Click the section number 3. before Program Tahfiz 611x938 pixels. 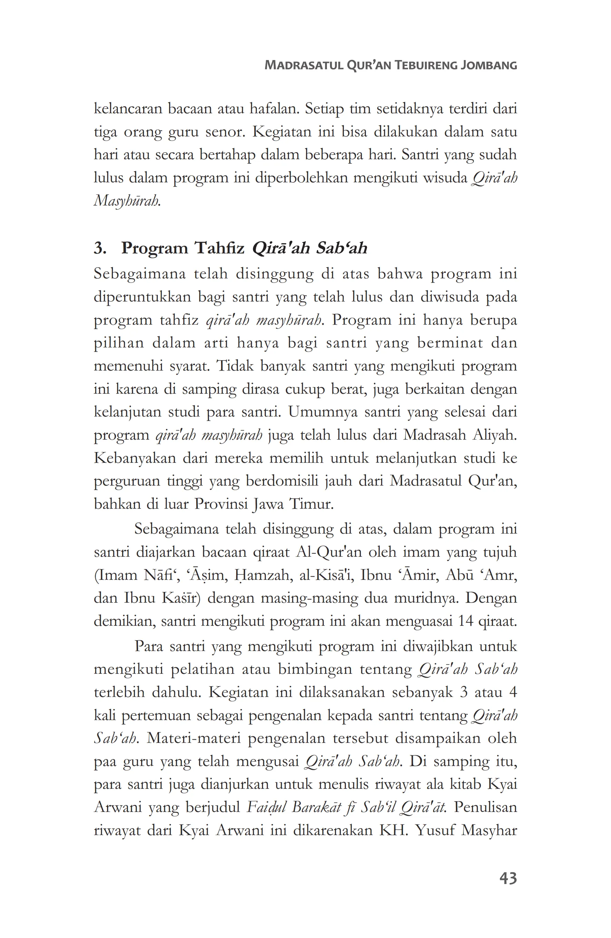[x=100, y=248]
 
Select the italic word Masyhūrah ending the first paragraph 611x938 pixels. [x=127, y=201]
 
